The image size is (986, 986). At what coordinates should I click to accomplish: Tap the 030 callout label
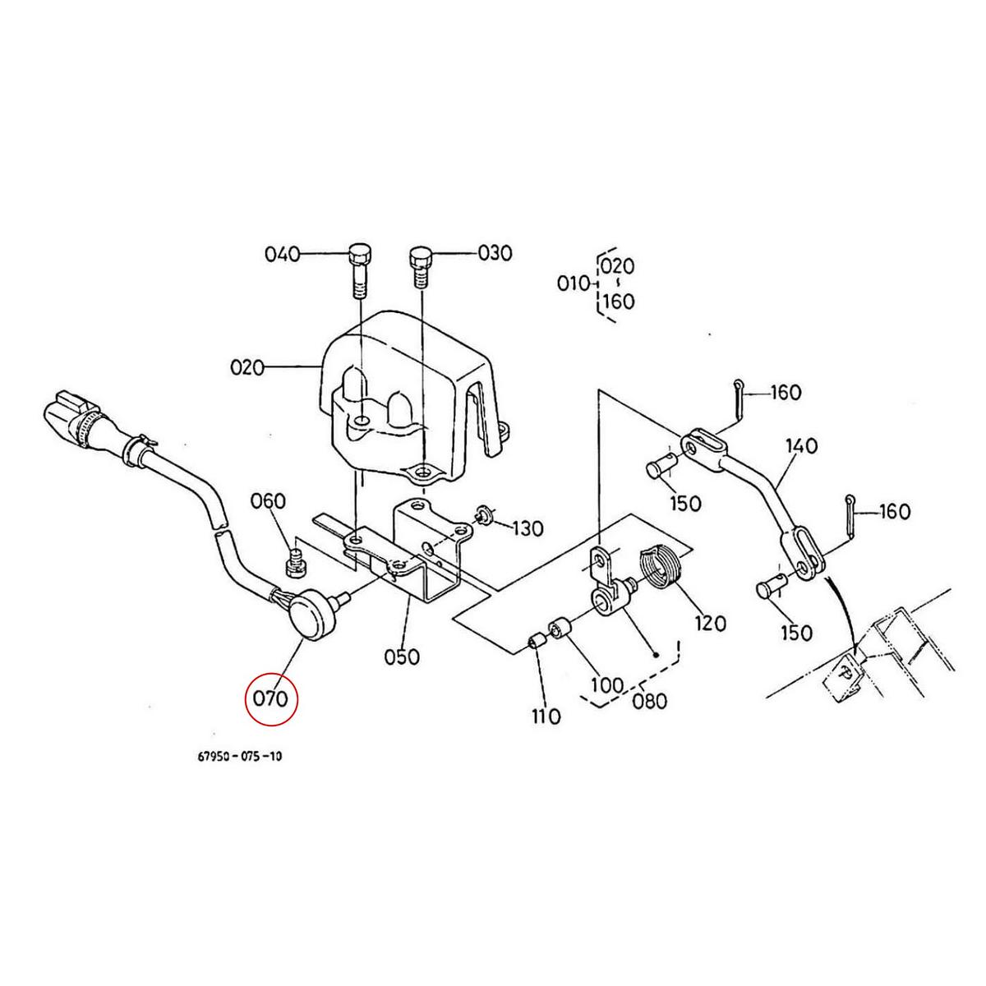495,253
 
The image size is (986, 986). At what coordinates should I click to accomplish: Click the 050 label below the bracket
402,657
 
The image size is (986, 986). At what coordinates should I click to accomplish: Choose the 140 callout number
801,446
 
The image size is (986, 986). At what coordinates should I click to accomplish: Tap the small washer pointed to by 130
482,518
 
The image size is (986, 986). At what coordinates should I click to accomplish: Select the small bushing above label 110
537,640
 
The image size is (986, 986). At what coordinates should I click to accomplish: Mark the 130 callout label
528,528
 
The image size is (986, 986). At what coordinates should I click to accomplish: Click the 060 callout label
268,502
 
